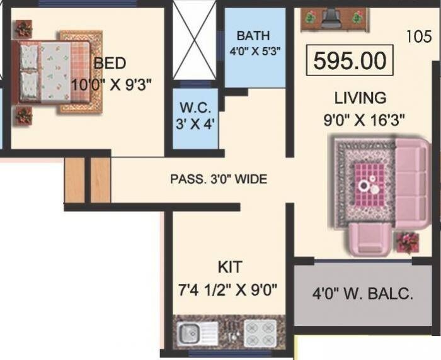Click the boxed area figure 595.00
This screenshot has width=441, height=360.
[349, 61]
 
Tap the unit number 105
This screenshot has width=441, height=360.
[419, 37]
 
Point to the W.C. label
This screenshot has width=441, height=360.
[195, 108]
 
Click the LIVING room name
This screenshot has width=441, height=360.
[360, 98]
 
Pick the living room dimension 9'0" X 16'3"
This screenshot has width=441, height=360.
[364, 120]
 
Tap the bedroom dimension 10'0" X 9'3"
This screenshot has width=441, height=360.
[112, 84]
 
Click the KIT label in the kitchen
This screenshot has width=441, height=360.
[229, 267]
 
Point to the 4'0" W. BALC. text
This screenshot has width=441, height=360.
[363, 293]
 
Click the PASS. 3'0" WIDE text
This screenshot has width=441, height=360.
[219, 179]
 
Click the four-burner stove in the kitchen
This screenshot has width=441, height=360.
[259, 333]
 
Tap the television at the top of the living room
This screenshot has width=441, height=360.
[333, 18]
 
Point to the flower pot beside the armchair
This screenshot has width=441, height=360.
[408, 241]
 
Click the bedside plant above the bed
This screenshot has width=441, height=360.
[24, 28]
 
